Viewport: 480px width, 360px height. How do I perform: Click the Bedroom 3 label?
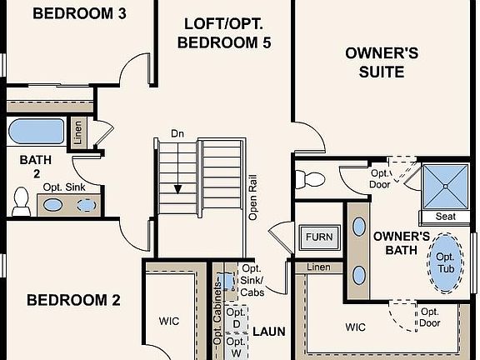[x=79, y=14]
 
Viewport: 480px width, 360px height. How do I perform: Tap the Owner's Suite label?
[x=382, y=62]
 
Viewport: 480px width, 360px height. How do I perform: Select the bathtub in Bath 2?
[x=36, y=132]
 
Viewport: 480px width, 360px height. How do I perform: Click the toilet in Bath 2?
[x=21, y=201]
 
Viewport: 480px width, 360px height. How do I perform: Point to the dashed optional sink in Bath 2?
[x=86, y=205]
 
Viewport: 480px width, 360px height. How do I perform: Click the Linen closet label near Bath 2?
[x=78, y=132]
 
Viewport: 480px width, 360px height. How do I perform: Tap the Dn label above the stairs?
[x=177, y=133]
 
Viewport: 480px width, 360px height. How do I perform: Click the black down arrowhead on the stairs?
[x=177, y=189]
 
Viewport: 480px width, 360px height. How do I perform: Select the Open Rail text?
[x=252, y=197]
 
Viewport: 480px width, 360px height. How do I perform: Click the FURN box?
[x=320, y=237]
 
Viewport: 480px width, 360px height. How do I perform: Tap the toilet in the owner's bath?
[x=310, y=179]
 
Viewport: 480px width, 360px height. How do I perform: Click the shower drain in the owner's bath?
[x=445, y=186]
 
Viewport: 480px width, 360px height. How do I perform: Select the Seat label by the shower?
[x=445, y=217]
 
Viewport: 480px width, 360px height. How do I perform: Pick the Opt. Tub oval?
[x=445, y=263]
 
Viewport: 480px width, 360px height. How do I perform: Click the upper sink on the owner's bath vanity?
[x=359, y=227]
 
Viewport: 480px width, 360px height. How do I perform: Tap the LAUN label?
[x=269, y=332]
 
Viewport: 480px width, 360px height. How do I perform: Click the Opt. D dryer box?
[x=237, y=318]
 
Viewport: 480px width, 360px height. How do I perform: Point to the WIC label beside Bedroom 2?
[x=169, y=321]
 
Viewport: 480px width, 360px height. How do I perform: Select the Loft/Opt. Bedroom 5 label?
[x=224, y=33]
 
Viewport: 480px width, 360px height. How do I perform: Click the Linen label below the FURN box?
[x=318, y=267]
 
